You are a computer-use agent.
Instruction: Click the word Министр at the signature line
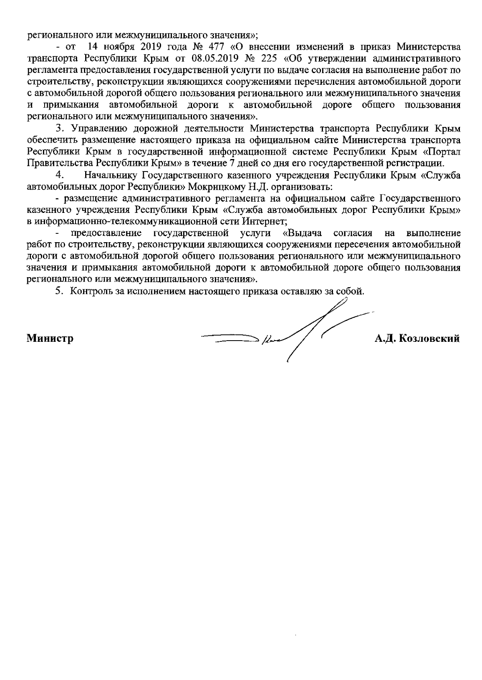click(50, 339)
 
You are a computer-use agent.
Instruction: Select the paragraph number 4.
click(59, 176)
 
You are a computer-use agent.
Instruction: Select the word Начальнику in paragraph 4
click(108, 176)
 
